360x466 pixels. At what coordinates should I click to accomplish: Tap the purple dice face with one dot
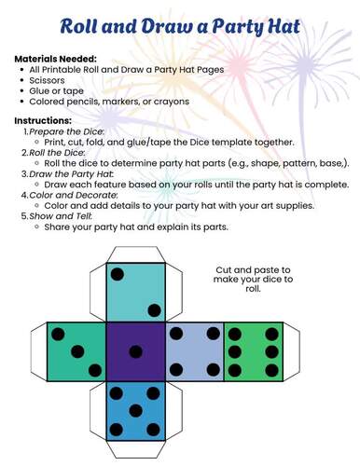point(136,350)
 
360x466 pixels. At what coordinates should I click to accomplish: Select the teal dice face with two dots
point(136,292)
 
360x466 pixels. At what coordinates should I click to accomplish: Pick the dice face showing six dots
point(253,350)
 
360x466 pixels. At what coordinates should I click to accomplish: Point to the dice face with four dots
point(194,350)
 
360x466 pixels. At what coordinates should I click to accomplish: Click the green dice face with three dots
point(76,350)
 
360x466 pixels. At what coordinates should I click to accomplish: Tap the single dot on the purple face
point(136,351)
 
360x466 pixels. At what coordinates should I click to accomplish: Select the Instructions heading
point(43,121)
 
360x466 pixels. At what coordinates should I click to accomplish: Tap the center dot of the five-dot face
point(136,409)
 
